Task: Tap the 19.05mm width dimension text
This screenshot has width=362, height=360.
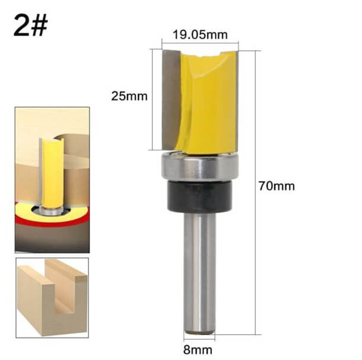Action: [x=200, y=34]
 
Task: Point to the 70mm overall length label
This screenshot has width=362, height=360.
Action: [x=277, y=186]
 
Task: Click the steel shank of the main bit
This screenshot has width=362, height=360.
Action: [x=200, y=267]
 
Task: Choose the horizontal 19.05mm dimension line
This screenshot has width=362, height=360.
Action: [x=200, y=43]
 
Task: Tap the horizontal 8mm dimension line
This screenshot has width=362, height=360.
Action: [x=200, y=338]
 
